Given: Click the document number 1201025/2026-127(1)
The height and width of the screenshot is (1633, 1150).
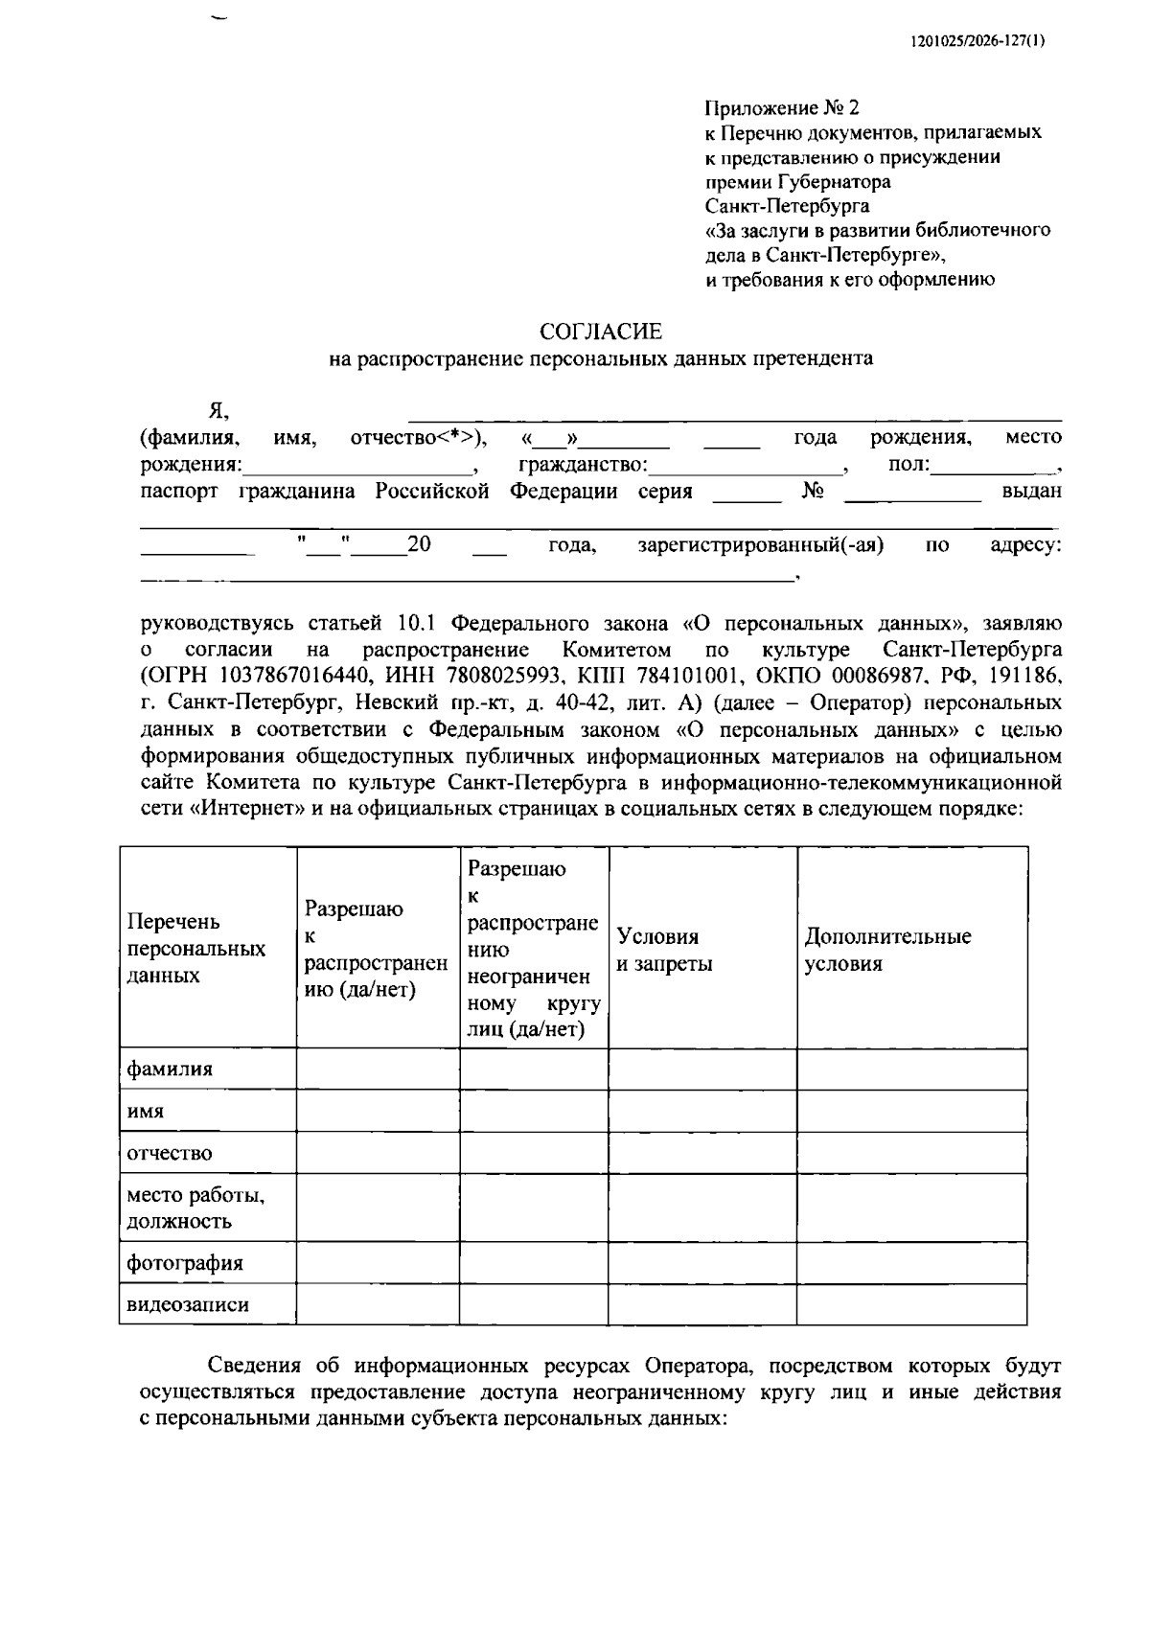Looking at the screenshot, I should pos(977,41).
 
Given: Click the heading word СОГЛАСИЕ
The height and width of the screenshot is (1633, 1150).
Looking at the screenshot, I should pos(601,332).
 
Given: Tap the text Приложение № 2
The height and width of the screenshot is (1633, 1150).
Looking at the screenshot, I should pos(782,107).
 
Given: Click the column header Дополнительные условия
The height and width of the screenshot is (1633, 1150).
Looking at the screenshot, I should pos(887,950).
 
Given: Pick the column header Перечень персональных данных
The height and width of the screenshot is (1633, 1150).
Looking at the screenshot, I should pos(196,948).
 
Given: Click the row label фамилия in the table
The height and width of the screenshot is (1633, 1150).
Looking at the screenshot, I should pos(170,1069).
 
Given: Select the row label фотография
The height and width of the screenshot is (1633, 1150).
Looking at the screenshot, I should pos(185,1262).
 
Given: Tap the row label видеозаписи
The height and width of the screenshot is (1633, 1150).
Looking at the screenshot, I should pos(188,1304).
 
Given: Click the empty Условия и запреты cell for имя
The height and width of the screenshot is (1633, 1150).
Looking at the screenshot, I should pos(701,1111).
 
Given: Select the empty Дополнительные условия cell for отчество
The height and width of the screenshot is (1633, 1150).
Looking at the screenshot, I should pos(910,1153).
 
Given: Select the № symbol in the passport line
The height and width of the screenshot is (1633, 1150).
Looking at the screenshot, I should pos(813,492).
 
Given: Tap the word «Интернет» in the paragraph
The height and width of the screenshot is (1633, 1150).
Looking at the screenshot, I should pos(242,809).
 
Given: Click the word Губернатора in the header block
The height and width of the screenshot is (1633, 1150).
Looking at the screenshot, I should pos(833,182).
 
